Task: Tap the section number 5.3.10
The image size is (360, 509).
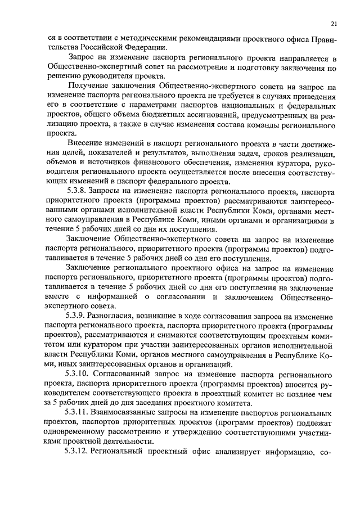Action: click(79, 373)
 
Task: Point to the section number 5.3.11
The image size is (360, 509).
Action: click(79, 412)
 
